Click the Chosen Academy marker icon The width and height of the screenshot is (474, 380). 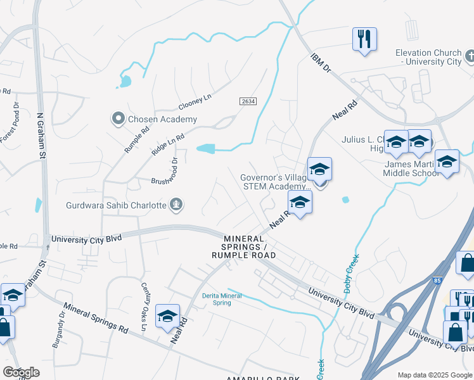pos(118,118)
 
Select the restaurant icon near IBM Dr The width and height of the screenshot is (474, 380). pos(364,39)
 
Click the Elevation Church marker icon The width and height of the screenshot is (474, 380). pos(469,57)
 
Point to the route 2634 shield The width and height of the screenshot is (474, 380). pos(248,101)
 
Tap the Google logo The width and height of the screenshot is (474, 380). pos(21,372)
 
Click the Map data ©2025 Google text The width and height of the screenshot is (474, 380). pos(434,375)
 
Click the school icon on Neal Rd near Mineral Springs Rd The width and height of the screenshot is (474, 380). pos(167,315)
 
